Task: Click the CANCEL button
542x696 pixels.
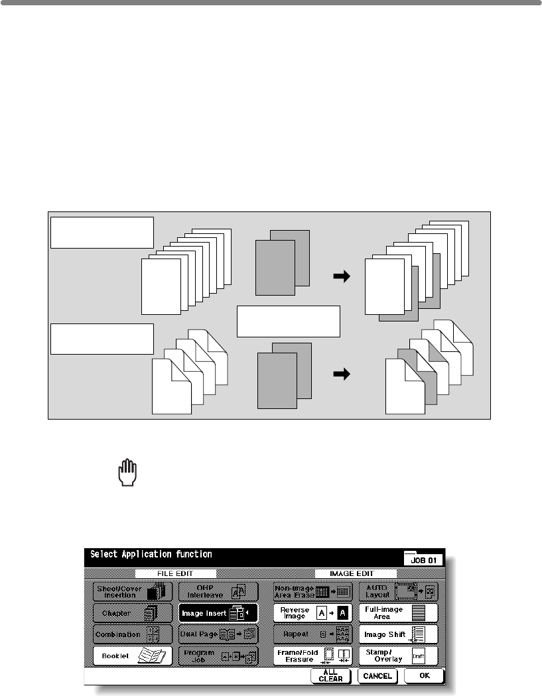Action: tap(377, 676)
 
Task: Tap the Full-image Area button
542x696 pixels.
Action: tap(399, 612)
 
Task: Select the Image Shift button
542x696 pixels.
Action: tap(399, 634)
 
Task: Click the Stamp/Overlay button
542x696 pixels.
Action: tap(399, 656)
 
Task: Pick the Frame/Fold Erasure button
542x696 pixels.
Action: tap(314, 656)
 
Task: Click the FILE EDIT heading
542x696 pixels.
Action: tap(176, 573)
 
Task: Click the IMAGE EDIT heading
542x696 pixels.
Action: tap(356, 573)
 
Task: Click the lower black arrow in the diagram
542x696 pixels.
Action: tap(341, 375)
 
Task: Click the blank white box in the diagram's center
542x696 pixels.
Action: tap(289, 321)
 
